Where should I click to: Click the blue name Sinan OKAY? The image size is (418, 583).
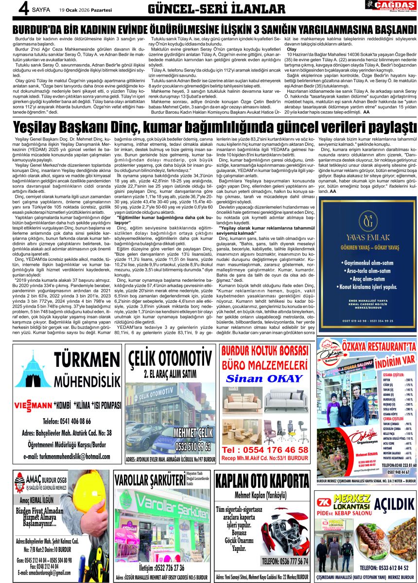click(x=264, y=378)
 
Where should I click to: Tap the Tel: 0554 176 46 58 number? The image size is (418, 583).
click(x=265, y=449)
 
